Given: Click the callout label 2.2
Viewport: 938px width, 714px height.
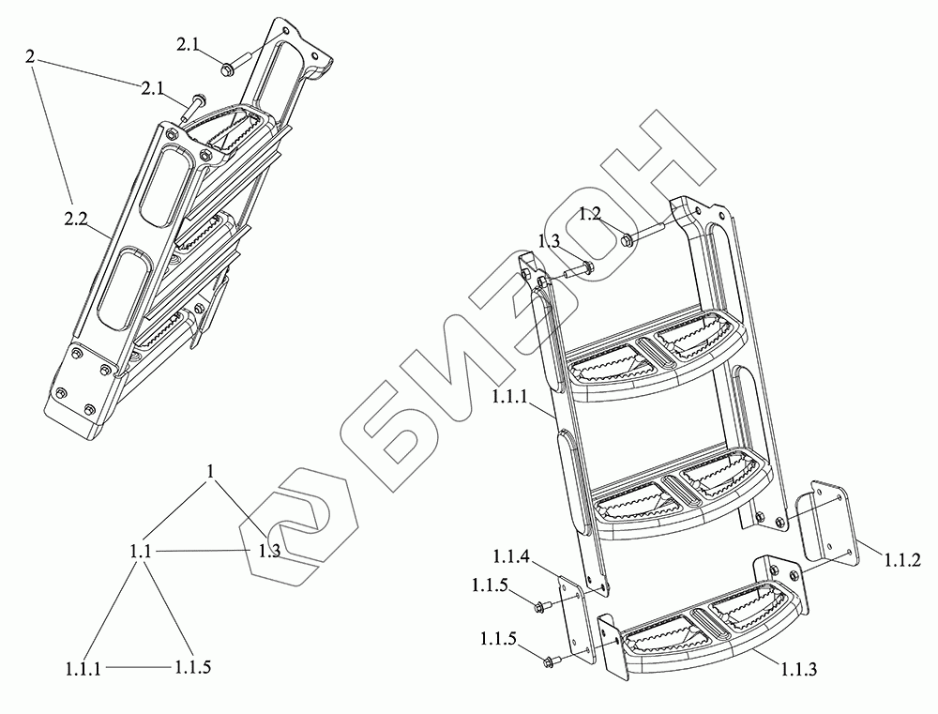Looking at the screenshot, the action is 76,220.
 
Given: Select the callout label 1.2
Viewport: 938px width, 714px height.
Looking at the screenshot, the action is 589,213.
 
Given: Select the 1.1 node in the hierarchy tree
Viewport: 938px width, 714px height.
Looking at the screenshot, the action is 142,552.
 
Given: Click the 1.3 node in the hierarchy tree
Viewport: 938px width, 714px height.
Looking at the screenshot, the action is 269,552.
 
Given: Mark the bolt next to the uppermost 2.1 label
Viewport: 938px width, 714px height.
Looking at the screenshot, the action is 228,68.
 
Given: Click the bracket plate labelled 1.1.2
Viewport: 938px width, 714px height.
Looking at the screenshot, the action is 825,525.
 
